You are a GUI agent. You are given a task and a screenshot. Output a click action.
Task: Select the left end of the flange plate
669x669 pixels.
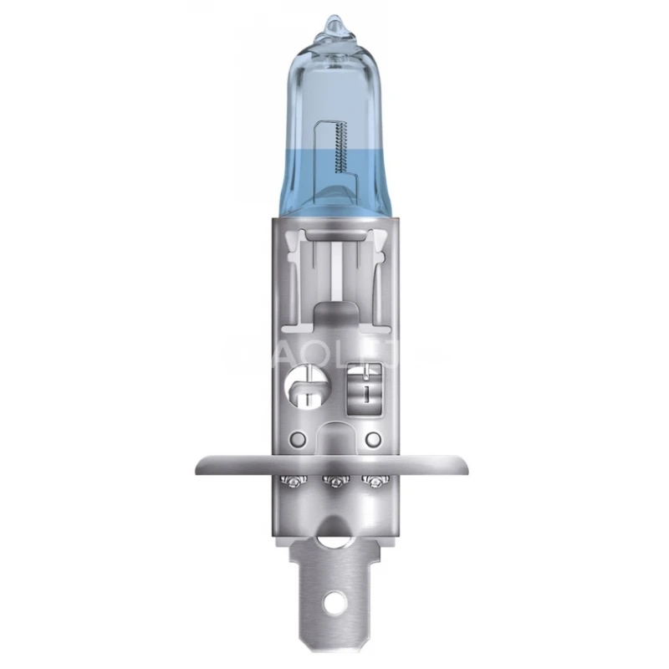pyautogui.click(x=201, y=463)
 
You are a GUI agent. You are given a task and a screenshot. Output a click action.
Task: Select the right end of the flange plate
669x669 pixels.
pyautogui.click(x=468, y=463)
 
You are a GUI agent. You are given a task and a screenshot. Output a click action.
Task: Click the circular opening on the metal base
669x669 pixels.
pyautogui.click(x=303, y=387)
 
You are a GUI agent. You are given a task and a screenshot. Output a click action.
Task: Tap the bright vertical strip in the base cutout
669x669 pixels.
pyautogui.click(x=334, y=268)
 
